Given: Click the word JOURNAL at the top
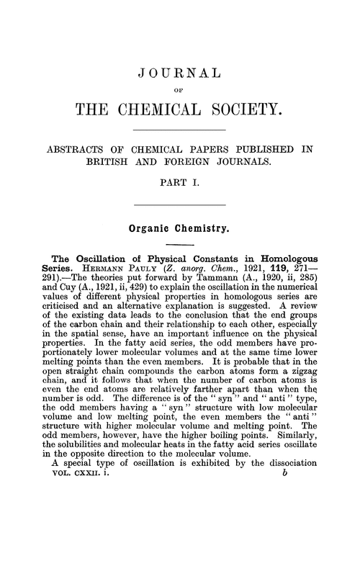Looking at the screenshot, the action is click(x=180, y=73).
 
